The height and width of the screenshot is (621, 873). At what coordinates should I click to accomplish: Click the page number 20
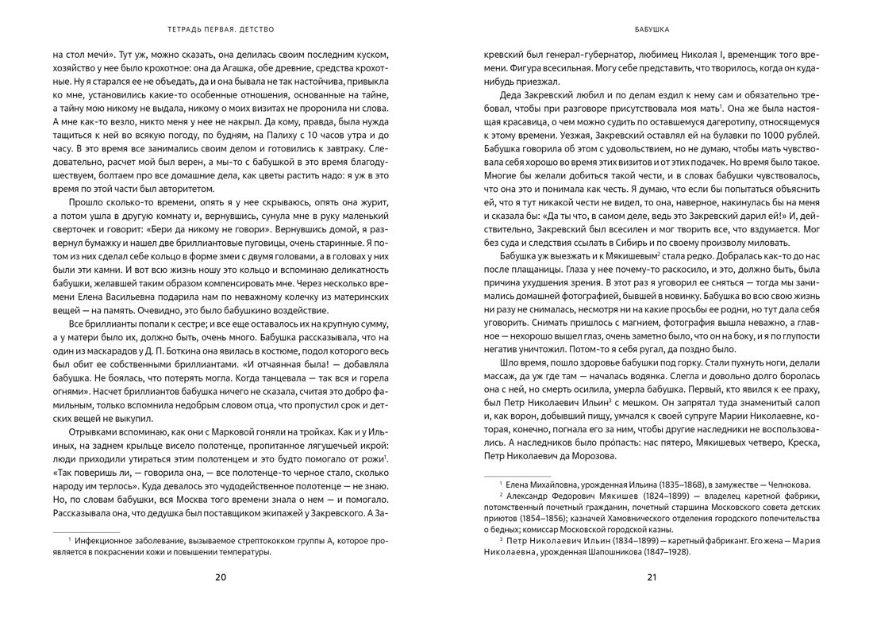[x=221, y=577]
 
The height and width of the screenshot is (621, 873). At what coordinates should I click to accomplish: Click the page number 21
[x=652, y=577]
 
